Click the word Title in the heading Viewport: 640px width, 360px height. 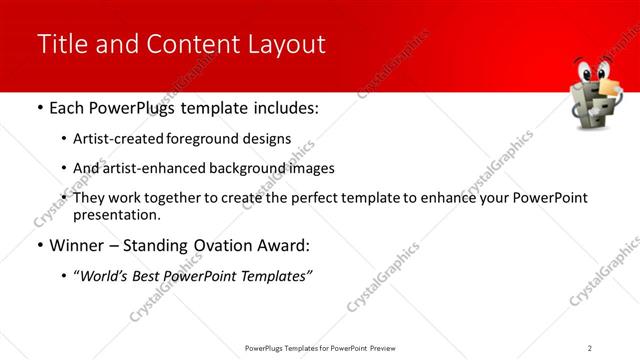click(x=61, y=44)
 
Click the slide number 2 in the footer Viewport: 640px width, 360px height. click(x=590, y=347)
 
